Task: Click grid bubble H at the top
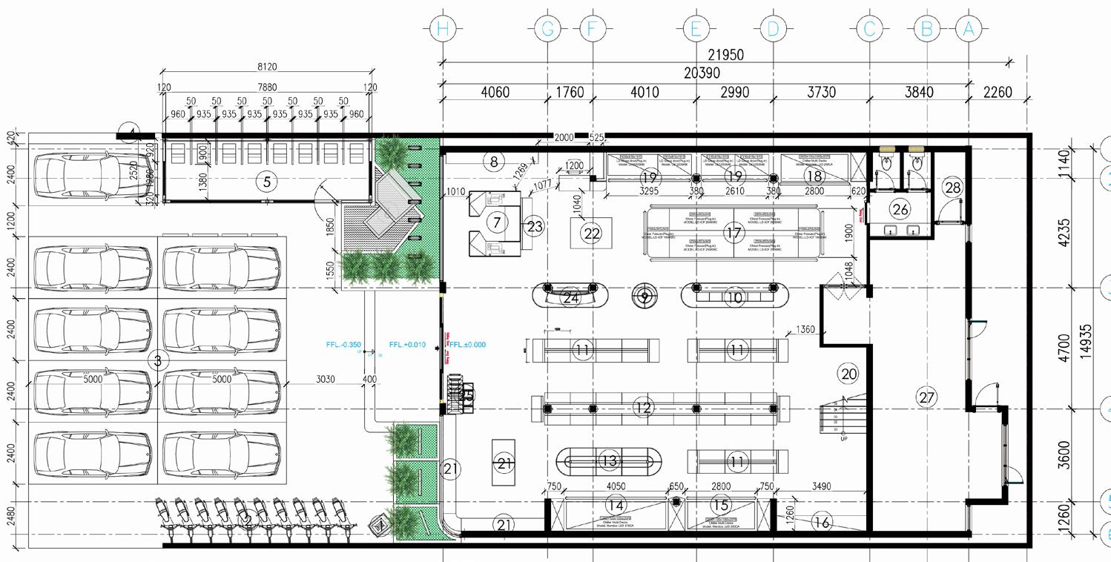443,30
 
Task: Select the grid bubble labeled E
696,30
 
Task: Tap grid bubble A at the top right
968,30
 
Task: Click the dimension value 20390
701,73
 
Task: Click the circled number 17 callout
733,234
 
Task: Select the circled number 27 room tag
926,397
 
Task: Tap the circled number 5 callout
267,180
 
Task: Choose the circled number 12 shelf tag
643,407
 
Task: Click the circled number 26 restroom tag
900,210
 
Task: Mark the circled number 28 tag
953,188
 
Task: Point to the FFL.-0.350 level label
343,345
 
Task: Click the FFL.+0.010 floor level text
407,345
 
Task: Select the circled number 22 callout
591,234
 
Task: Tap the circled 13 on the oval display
608,461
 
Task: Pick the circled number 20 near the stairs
848,373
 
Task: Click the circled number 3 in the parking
157,361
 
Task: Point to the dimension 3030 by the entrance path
325,380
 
